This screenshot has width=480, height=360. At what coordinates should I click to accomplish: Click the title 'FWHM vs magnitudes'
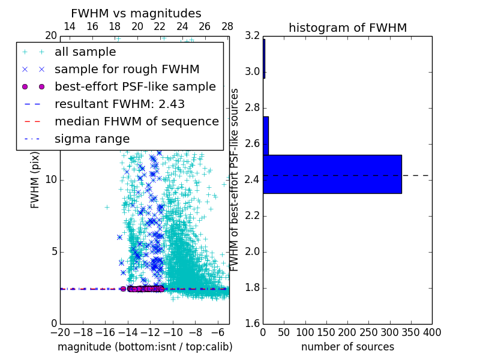(x=136, y=14)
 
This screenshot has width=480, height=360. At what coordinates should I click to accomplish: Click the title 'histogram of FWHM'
(x=347, y=28)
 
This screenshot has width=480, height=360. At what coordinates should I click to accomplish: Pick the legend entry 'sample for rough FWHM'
(x=127, y=70)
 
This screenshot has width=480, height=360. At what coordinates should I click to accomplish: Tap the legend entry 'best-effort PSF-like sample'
(x=135, y=87)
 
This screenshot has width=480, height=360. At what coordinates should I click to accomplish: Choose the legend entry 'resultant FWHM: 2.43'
(x=119, y=104)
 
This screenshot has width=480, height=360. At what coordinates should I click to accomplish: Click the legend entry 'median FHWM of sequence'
(x=136, y=122)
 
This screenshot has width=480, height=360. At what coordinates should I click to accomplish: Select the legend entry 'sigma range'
(x=92, y=139)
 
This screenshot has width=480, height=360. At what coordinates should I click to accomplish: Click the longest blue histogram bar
(x=332, y=174)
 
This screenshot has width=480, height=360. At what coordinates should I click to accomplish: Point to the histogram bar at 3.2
(x=264, y=59)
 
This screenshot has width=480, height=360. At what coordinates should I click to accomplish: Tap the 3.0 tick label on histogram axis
(x=252, y=72)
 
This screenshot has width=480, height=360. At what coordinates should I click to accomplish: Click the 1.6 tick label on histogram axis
(x=252, y=323)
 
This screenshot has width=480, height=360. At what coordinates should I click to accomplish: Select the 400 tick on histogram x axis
(x=432, y=332)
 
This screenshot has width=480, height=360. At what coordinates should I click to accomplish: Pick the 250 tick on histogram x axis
(x=368, y=332)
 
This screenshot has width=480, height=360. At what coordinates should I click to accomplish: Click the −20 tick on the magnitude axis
(x=60, y=332)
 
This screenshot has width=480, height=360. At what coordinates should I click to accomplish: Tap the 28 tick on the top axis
(x=227, y=26)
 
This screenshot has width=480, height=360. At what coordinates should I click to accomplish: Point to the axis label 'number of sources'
(x=347, y=347)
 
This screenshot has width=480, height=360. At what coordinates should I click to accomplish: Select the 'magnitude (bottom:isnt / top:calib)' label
(x=145, y=347)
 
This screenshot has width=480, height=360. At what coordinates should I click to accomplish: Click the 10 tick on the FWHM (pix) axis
(x=51, y=180)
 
